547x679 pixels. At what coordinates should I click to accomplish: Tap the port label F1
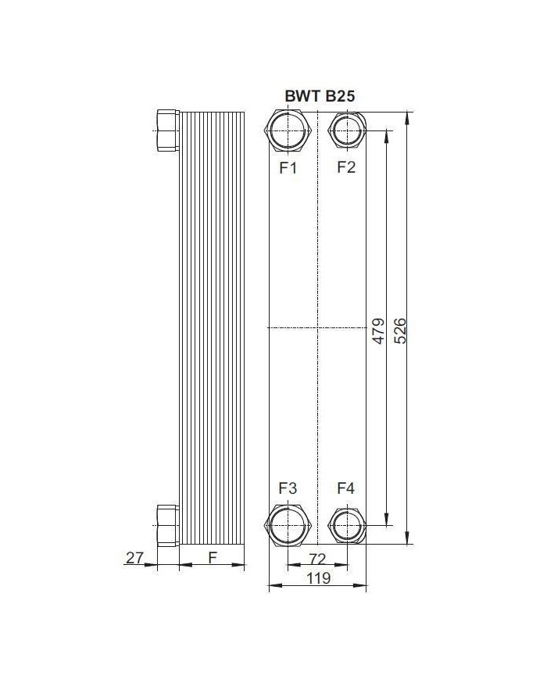(x=288, y=166)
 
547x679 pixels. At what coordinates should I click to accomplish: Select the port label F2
(x=346, y=166)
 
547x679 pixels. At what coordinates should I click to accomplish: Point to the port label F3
(x=288, y=488)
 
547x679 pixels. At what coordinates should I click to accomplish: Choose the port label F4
(x=346, y=488)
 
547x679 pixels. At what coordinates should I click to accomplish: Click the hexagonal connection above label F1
(x=288, y=130)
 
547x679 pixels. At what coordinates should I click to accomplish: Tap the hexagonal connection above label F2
(x=346, y=130)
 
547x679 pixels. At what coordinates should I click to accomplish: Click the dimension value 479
(x=377, y=331)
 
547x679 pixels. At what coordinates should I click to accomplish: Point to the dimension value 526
(x=400, y=331)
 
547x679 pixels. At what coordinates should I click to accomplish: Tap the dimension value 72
(x=316, y=558)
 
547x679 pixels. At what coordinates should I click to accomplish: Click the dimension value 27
(x=135, y=557)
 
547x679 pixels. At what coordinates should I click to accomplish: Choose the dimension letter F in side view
(x=212, y=557)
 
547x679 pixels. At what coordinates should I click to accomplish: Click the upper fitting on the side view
(x=168, y=130)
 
